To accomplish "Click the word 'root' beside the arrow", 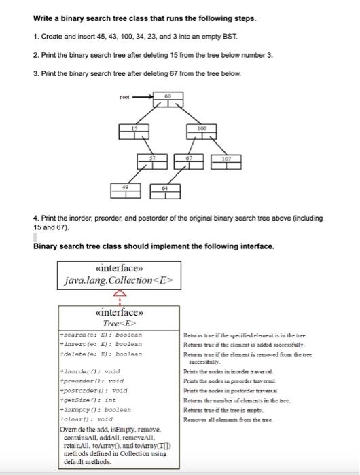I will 124,98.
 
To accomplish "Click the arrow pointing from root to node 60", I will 142,98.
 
